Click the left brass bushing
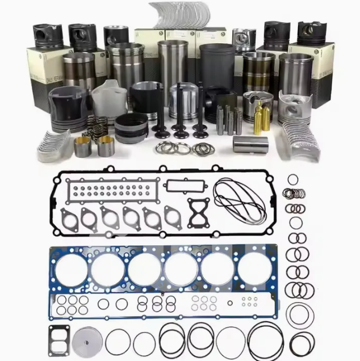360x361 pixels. [x=83, y=147]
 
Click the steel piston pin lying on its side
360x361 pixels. [x=250, y=144]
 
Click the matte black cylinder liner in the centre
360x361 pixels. [x=216, y=67]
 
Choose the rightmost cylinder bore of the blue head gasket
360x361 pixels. [x=254, y=268]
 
